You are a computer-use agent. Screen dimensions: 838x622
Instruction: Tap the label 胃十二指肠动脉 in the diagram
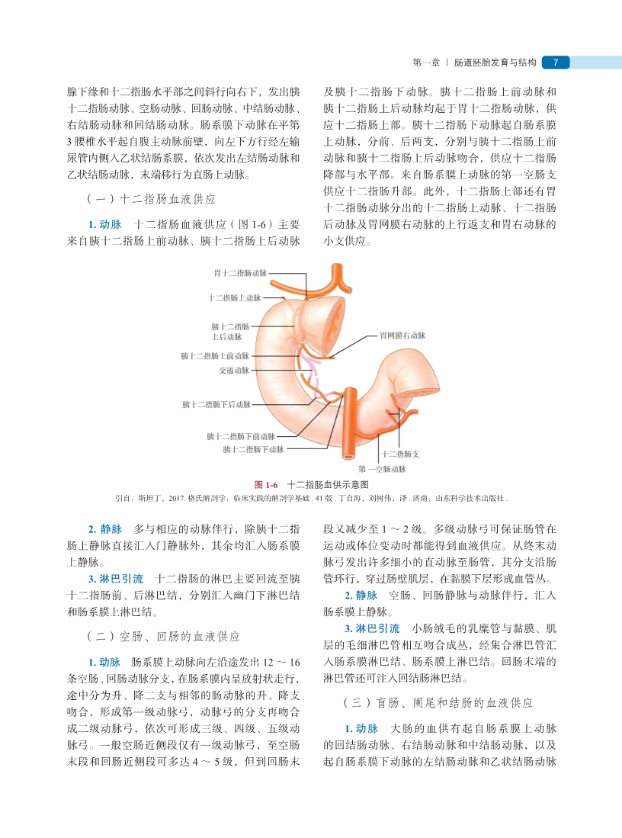(240, 273)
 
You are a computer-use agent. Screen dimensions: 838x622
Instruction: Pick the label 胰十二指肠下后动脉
(216, 403)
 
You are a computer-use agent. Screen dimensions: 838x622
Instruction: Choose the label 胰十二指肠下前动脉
(240, 437)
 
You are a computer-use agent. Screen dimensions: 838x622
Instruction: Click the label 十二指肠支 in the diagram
(401, 453)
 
